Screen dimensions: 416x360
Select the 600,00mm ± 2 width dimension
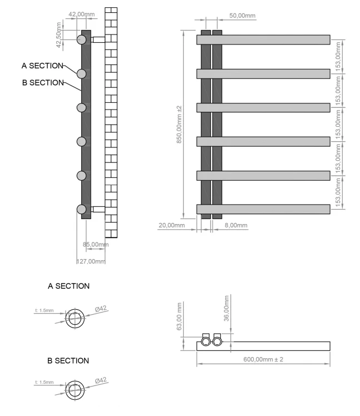click(x=263, y=360)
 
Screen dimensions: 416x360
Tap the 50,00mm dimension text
click(x=242, y=16)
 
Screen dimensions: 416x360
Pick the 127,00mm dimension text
click(x=90, y=261)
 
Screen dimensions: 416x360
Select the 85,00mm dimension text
click(x=96, y=244)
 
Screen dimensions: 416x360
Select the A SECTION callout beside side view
click(x=42, y=66)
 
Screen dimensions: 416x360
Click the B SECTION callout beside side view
click(x=42, y=83)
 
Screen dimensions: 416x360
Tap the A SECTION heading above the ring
click(x=69, y=286)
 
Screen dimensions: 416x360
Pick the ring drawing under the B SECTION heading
click(x=75, y=387)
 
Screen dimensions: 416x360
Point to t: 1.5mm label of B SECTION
click(x=45, y=383)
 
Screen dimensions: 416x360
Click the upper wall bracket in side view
click(x=98, y=39)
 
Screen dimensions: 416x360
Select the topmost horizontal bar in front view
click(x=263, y=40)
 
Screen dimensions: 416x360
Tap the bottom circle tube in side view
click(x=82, y=210)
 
